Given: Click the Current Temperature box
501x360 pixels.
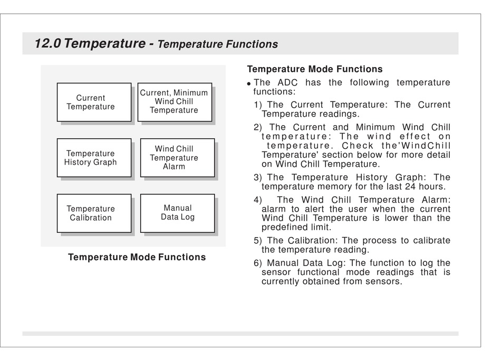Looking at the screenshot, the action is [x=94, y=102].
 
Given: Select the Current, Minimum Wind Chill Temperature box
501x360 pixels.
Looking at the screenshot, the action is [x=175, y=102].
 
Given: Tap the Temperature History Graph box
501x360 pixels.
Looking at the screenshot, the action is [x=94, y=158].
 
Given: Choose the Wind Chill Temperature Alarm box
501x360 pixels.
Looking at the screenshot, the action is [x=177, y=158].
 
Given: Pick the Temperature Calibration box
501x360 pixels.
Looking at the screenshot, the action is [x=94, y=213].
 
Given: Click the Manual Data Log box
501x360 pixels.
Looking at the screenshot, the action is [x=177, y=213].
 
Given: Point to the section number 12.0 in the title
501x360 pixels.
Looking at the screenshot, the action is [x=47, y=43].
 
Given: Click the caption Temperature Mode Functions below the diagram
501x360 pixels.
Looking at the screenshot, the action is [x=137, y=258].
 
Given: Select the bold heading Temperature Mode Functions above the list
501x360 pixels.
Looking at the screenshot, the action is [x=315, y=69].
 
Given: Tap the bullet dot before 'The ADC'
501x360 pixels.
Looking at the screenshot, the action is [x=249, y=84].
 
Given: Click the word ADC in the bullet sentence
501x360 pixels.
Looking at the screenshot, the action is [x=287, y=82].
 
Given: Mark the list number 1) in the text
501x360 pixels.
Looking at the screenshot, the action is [x=258, y=105].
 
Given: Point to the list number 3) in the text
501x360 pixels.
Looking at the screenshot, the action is [x=258, y=177].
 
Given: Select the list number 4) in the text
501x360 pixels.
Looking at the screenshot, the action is [x=258, y=200].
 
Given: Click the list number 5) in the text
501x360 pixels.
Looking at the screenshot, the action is [x=258, y=240].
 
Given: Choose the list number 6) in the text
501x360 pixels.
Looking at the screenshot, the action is [x=258, y=263].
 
